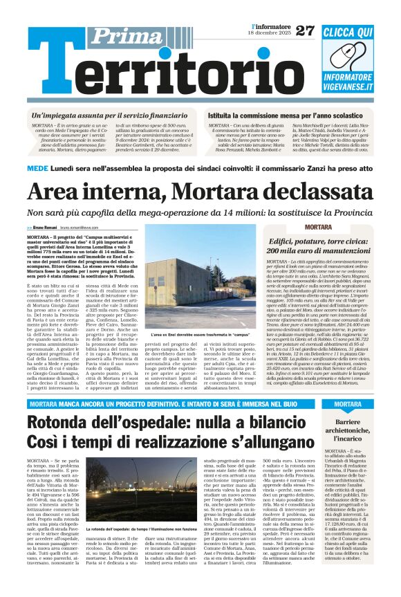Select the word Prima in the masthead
click(120, 36)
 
